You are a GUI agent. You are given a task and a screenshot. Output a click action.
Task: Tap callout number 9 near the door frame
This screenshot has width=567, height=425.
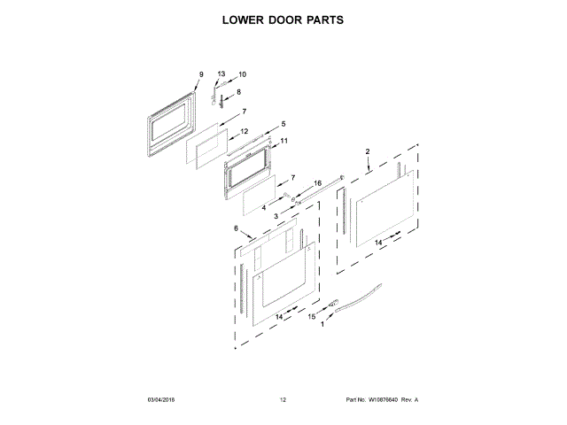click(x=201, y=73)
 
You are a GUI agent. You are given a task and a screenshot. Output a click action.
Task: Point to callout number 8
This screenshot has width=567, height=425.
click(x=237, y=92)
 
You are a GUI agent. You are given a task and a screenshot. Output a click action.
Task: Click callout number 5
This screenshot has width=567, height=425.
click(x=283, y=124)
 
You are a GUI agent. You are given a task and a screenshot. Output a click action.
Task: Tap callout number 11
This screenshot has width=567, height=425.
click(x=283, y=141)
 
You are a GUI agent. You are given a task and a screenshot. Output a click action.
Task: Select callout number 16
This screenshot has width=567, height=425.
click(x=317, y=184)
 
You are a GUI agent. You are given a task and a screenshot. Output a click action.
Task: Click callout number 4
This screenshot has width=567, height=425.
click(x=263, y=207)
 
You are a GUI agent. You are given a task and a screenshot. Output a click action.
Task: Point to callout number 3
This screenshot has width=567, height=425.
click(x=276, y=215)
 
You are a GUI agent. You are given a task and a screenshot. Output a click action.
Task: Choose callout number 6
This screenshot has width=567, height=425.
click(x=237, y=228)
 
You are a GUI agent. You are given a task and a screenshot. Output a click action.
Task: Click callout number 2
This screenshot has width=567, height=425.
click(x=368, y=153)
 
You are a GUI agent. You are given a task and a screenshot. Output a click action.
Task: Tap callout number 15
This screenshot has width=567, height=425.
click(x=312, y=316)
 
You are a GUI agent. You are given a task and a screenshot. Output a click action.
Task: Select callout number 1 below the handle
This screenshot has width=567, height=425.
click(x=322, y=325)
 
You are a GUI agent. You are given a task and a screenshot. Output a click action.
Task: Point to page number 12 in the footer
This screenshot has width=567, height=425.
click(x=283, y=400)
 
